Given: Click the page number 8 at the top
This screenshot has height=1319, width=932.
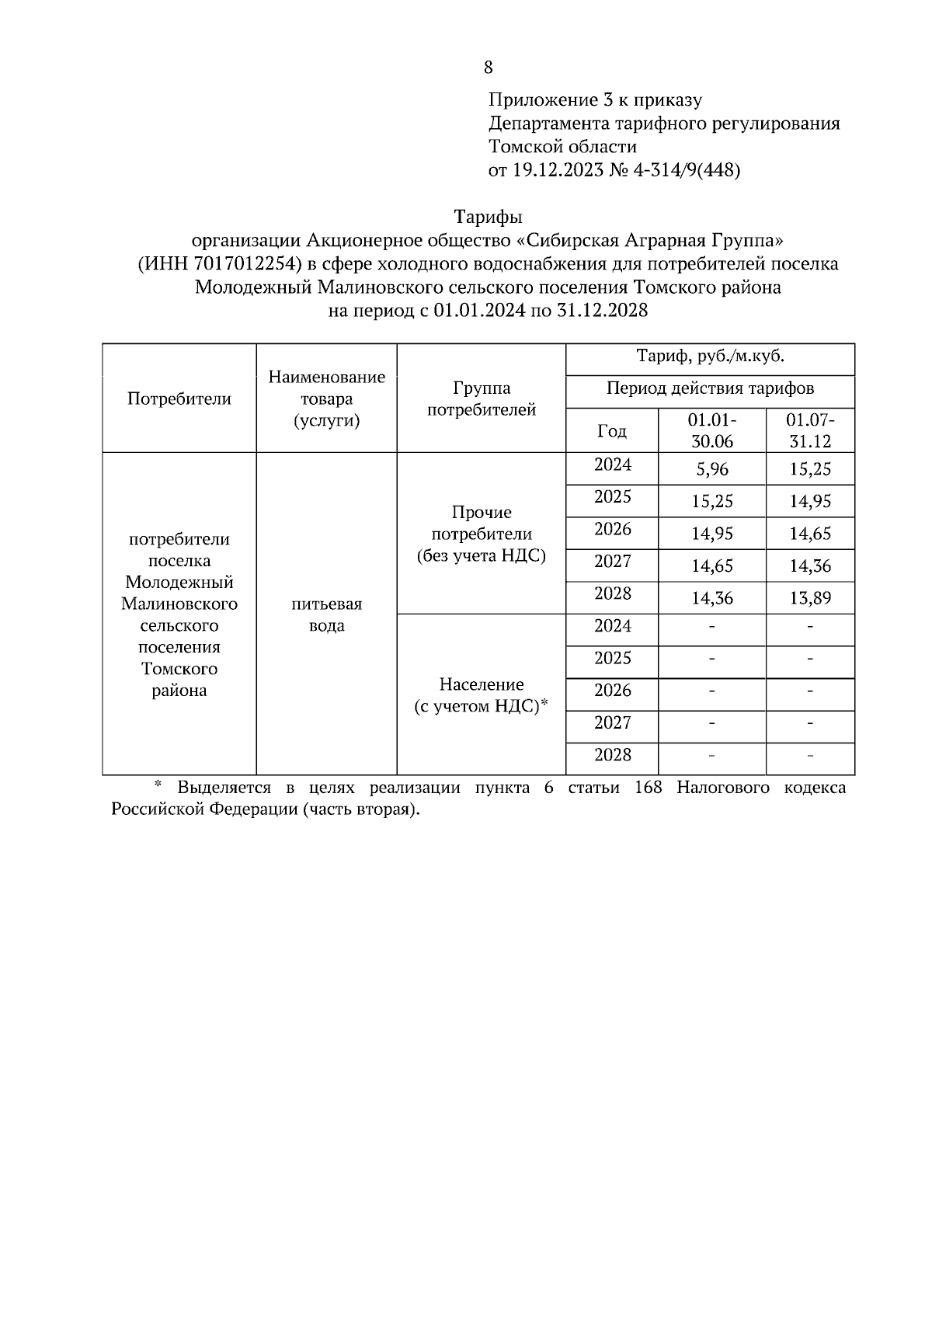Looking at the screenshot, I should (x=488, y=68).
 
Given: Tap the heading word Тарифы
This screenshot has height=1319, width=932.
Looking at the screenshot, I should (x=488, y=216).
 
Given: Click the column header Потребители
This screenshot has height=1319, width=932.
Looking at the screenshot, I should (x=179, y=399).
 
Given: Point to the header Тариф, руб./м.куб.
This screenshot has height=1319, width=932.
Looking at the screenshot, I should (x=710, y=357).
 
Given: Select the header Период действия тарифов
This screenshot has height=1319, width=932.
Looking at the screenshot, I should (x=710, y=388).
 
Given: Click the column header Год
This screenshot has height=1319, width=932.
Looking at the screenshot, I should (x=611, y=431).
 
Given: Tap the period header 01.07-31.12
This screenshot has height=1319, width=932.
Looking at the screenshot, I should (x=810, y=430).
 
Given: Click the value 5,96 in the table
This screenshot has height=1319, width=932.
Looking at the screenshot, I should (x=712, y=469).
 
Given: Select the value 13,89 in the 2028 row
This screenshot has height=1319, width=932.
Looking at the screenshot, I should (x=810, y=598).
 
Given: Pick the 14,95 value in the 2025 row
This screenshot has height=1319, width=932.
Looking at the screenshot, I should (x=810, y=502).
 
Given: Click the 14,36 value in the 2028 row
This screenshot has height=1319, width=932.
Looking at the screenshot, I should (x=712, y=598).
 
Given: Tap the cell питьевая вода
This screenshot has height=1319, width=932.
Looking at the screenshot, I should (x=326, y=614).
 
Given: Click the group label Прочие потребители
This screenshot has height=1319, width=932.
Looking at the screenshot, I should (x=482, y=534).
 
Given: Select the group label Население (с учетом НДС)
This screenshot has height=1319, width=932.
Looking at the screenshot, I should (x=482, y=694).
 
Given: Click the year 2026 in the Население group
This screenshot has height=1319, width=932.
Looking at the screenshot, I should (x=612, y=691).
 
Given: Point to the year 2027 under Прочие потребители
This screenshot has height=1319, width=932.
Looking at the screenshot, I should (x=612, y=562).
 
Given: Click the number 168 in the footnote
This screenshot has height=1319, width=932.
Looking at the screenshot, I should (x=648, y=788).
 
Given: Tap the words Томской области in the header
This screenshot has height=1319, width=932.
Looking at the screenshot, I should (x=562, y=147).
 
